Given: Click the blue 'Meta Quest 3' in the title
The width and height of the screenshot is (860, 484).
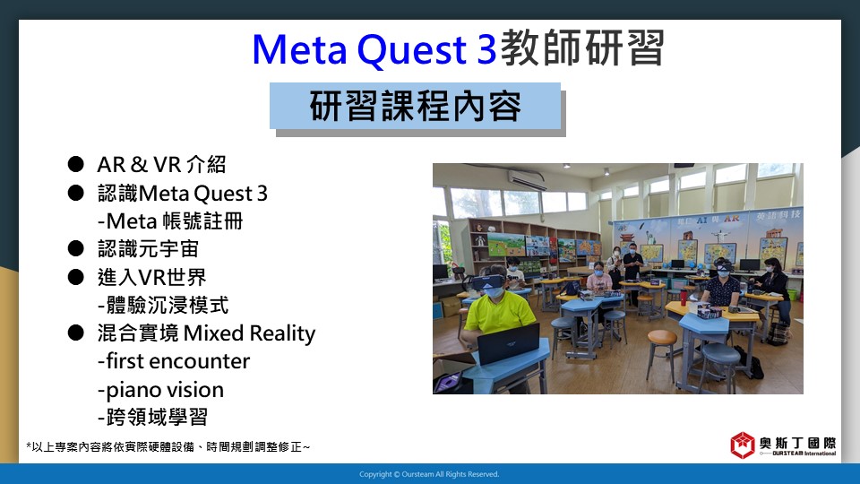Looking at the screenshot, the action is pos(374,50).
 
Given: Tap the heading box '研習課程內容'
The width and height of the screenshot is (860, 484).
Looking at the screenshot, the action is pos(415,106).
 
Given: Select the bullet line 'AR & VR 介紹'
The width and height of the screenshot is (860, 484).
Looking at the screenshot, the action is pos(161,164).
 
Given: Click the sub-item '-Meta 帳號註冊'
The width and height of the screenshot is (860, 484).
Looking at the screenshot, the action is pos(170,221).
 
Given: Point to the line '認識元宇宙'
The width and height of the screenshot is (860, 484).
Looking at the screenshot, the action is pos(148,249).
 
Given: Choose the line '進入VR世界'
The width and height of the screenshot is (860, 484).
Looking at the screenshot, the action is pos(152,277).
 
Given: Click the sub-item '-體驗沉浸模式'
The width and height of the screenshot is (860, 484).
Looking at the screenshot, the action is pos(163,305).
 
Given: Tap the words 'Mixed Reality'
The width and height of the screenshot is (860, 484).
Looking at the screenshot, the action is pos(250,333).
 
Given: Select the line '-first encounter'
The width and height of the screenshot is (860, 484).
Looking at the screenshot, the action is pos(173,361).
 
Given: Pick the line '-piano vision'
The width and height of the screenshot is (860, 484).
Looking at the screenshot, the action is pos(160,390).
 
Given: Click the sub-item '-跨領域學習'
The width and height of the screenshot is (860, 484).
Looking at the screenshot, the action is pos(152,417).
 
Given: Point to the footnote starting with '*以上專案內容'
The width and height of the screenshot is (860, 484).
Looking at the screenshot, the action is pos(168,447).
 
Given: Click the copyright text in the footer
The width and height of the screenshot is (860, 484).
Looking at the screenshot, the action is pos(429,474).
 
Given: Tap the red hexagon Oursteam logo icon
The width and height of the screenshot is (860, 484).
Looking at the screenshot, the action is pos(742,445).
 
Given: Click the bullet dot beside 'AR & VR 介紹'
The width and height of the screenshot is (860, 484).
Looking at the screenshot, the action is pos(75,164).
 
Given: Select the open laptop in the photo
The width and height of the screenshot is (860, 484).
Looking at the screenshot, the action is pos(509,343).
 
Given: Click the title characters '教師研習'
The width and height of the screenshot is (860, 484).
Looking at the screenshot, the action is pos(582,48).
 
